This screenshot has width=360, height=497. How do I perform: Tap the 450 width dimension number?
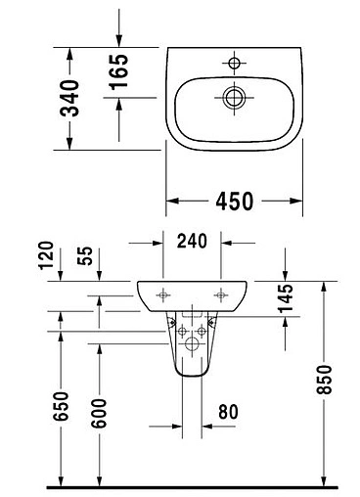tap(234, 201)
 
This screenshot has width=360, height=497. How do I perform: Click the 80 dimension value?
tap(227, 413)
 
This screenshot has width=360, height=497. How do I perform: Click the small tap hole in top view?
tap(233, 64)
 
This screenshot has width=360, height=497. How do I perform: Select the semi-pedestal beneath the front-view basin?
tap(193, 347)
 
